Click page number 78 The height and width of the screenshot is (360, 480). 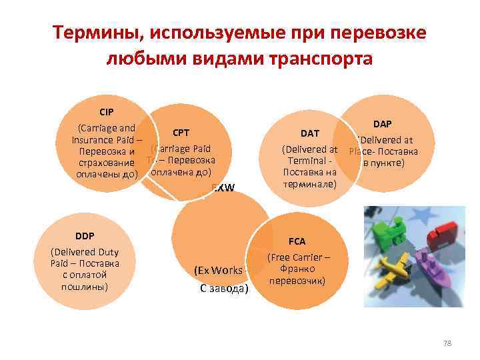(x=447, y=343)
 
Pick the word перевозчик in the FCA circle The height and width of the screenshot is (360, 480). (x=298, y=281)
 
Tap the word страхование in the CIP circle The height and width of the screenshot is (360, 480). (x=105, y=163)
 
